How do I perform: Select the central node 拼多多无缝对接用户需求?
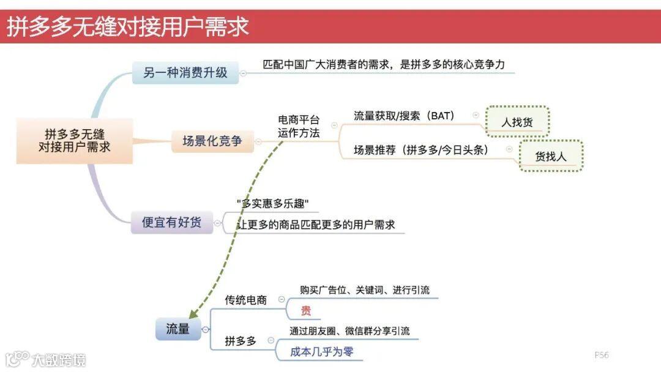[x=74, y=141]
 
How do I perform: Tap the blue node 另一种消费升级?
[x=185, y=72]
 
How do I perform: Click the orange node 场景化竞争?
[x=212, y=141]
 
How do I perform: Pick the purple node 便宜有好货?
[x=171, y=222]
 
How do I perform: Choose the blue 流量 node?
[x=177, y=329]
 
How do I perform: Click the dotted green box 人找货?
[x=517, y=122]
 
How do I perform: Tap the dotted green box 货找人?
[x=551, y=156]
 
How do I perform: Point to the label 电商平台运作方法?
[x=299, y=126]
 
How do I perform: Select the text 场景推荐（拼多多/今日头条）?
[x=421, y=150]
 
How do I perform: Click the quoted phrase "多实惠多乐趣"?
[x=272, y=203]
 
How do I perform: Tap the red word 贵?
[x=306, y=311]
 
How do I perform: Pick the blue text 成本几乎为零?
[x=322, y=352]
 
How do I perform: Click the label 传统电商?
[x=246, y=300]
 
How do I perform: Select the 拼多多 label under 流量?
[x=241, y=341]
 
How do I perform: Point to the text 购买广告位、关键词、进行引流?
[x=365, y=289]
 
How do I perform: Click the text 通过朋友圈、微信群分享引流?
[x=349, y=331]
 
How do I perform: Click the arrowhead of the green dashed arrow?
[x=191, y=313]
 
